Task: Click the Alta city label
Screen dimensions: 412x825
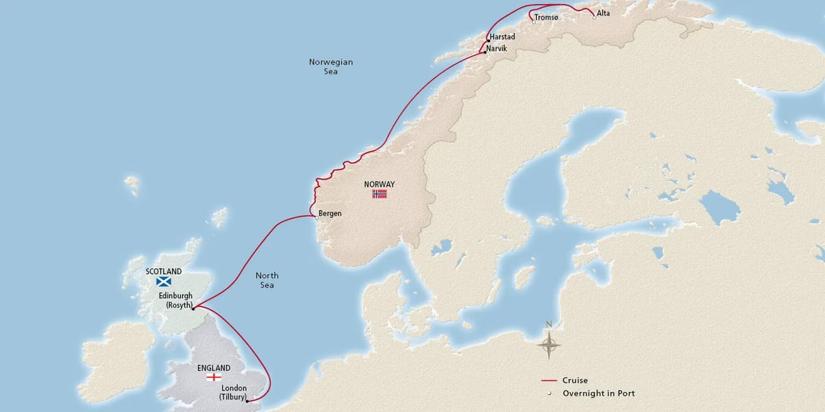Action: click(603, 13)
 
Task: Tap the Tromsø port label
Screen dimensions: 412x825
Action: click(547, 18)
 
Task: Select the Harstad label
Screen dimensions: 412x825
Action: click(502, 37)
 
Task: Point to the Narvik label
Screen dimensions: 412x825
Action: click(498, 49)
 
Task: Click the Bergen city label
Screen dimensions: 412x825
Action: click(330, 214)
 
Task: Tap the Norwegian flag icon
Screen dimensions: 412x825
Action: click(379, 194)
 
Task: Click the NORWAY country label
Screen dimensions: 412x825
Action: click(379, 184)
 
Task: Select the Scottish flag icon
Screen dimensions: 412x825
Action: click(164, 282)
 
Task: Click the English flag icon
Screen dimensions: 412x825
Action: click(214, 378)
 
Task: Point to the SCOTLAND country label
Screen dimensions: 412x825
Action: click(164, 271)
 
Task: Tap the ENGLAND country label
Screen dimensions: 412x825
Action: click(214, 368)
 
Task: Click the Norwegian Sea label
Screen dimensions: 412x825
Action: click(331, 67)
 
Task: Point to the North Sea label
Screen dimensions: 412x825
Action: click(267, 280)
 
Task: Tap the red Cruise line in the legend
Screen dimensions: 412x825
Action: click(548, 380)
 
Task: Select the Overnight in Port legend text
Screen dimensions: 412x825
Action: click(598, 393)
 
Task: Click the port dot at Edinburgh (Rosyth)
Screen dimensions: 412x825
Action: click(193, 308)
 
